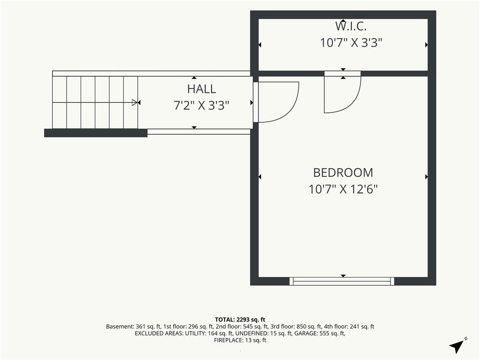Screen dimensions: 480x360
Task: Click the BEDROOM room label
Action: tap(343, 172)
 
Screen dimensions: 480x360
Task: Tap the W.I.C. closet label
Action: tap(351, 26)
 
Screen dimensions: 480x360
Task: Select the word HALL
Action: tap(202, 89)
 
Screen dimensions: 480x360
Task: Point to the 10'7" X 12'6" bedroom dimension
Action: tap(343, 189)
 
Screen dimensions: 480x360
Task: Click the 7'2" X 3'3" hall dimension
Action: tap(202, 105)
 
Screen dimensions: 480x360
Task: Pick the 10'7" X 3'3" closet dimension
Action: tap(351, 43)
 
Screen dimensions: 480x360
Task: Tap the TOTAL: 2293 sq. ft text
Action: tap(240, 320)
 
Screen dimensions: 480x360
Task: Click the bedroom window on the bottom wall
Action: tap(342, 281)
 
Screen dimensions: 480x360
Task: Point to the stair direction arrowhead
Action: tap(135, 102)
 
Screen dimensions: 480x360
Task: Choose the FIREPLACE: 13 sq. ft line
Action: tap(240, 340)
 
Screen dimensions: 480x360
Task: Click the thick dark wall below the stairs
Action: tap(96, 133)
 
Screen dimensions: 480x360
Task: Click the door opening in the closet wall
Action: tap(343, 74)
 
